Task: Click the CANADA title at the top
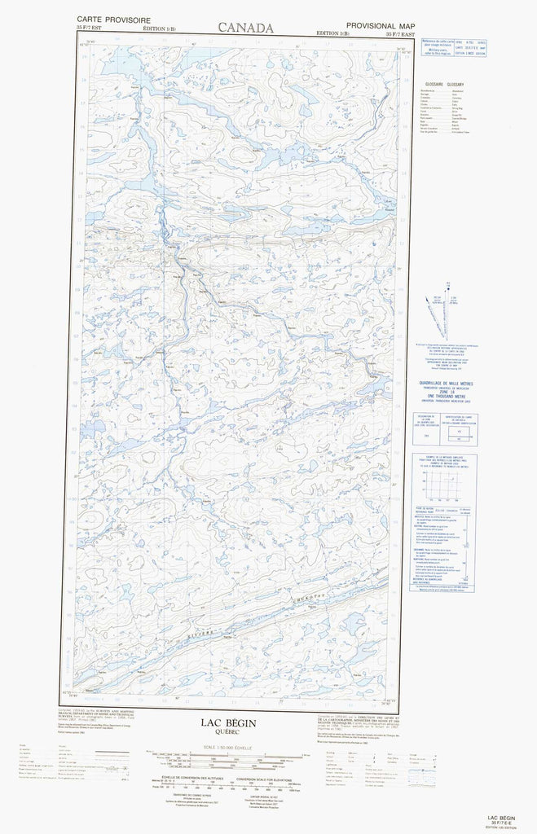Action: pos(245,27)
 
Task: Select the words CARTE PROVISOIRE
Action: pos(104,18)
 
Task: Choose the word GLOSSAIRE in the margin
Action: pos(434,85)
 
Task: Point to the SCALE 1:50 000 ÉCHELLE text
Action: pos(231,748)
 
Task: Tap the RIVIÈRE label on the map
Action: pos(204,632)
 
